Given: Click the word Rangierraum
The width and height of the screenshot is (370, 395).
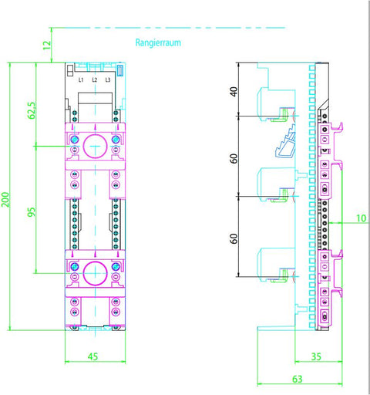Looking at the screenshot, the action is coord(158,42).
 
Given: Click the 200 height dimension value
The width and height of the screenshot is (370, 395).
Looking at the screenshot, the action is coord(5,199).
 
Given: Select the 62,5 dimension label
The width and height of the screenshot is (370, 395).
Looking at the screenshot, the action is coord(32,110).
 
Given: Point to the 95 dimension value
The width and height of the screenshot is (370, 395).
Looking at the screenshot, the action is coord(32,212).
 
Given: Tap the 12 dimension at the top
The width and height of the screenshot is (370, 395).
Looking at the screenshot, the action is coord(47,45).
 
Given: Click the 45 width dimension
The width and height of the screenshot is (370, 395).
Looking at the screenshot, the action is coord(92,356).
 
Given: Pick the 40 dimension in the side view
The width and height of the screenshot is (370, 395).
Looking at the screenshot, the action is coord(234,92).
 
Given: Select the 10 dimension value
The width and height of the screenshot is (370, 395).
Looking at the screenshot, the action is coord(361,218).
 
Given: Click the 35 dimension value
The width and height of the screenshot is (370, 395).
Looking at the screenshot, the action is coord(316,356).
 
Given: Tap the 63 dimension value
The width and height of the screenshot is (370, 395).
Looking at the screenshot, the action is coord(298,379).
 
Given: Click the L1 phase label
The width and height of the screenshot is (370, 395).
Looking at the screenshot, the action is coord(81,80).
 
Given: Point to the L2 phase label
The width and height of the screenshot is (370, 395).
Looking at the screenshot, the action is coord(95,80).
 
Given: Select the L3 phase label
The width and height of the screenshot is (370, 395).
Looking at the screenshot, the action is coord(108,80).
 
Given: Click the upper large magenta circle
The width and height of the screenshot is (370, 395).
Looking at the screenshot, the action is coord(83,146).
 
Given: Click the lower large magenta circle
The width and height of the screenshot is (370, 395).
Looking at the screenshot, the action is coord(83,273).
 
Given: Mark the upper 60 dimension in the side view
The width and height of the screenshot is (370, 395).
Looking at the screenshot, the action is coord(234,159).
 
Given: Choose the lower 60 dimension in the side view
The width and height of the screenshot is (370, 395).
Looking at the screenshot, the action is coord(234,238).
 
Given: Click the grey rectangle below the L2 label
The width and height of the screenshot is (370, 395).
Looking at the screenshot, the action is coord(95,98).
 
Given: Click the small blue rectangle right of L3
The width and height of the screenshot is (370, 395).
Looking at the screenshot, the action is coord(120,70).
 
